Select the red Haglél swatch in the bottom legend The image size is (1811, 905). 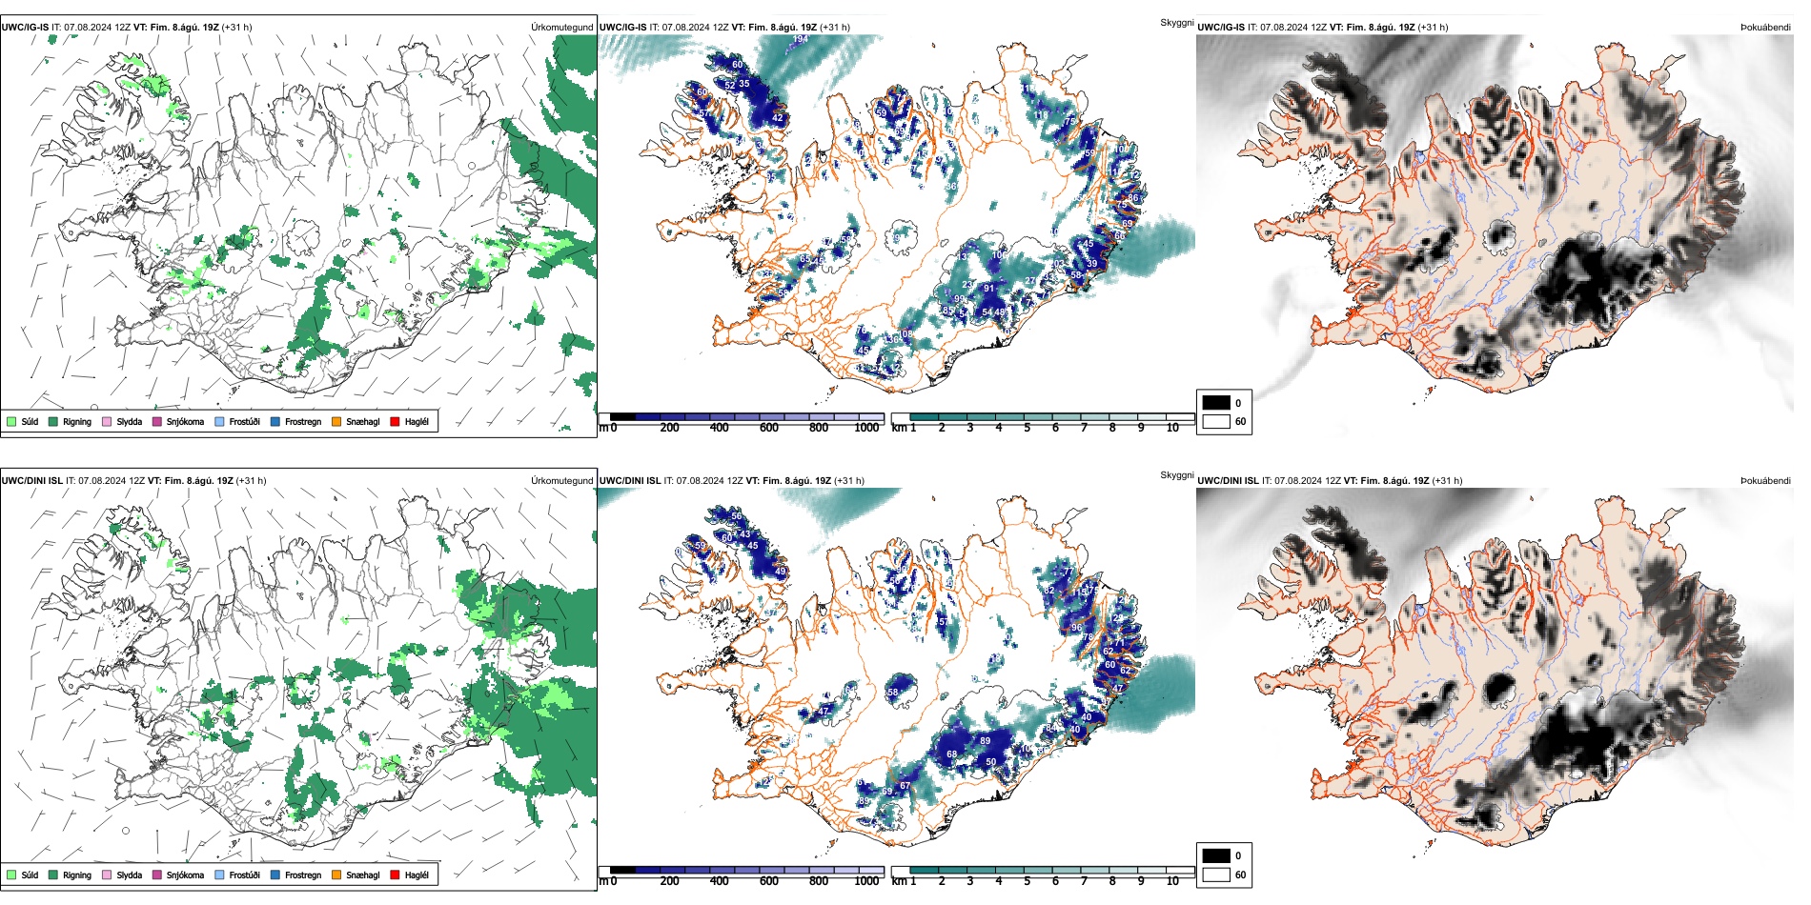395,875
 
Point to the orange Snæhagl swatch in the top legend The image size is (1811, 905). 336,421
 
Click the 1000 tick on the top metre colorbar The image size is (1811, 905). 866,428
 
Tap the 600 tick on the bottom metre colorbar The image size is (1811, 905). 769,881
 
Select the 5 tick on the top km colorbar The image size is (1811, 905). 1028,428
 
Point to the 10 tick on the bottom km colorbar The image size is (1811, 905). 1172,881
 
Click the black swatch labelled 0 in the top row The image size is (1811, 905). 1216,403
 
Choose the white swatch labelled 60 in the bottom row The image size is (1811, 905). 1216,875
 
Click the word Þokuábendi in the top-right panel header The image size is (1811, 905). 1765,28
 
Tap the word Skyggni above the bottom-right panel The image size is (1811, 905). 1177,474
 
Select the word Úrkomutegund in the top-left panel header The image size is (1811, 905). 562,28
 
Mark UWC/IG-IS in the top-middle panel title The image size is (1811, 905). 622,28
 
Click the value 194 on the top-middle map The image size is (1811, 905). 800,39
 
